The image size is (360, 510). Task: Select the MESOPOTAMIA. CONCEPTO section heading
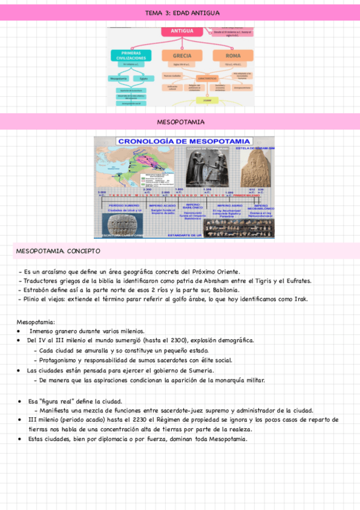58,250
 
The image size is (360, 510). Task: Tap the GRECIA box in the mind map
182,56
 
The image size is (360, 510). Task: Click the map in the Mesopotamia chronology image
123,166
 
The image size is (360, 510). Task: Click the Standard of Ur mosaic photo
231,226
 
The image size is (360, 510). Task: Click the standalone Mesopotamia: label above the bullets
35,322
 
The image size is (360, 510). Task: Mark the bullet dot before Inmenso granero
20,331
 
